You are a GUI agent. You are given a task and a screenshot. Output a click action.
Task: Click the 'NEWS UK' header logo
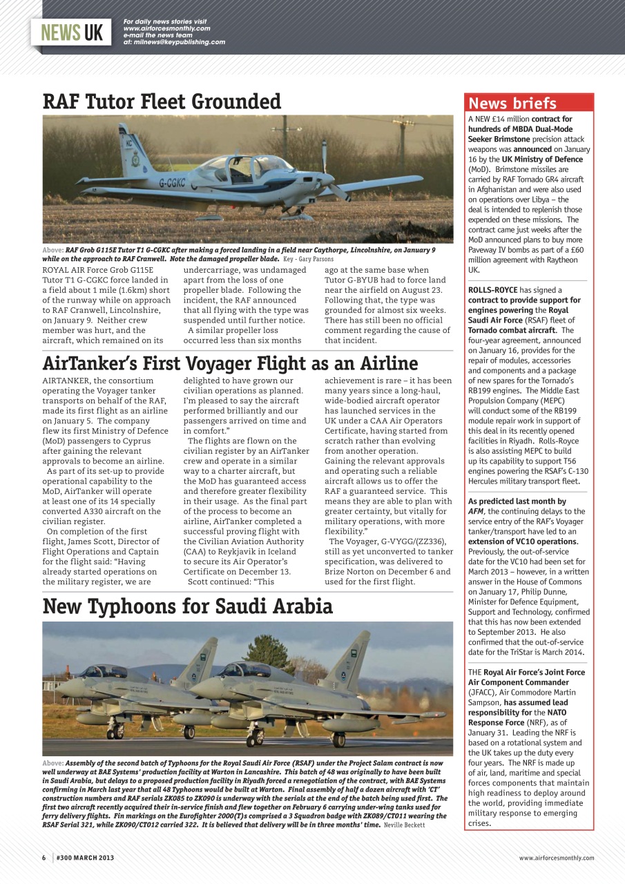click(72, 32)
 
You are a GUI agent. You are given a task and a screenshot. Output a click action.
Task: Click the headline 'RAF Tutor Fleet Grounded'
click(162, 102)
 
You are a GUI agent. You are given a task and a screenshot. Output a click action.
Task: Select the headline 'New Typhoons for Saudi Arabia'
click(187, 606)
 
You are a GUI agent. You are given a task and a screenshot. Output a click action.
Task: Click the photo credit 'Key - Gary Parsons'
click(308, 259)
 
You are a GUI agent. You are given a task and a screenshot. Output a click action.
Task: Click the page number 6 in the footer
click(44, 858)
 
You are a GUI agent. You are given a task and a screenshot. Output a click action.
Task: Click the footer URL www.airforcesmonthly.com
click(556, 858)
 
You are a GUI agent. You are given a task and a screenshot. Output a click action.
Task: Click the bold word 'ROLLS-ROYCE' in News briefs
click(492, 290)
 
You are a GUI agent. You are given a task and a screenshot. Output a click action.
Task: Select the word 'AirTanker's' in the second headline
click(97, 363)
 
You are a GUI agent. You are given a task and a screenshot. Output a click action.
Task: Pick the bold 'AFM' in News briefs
click(475, 511)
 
